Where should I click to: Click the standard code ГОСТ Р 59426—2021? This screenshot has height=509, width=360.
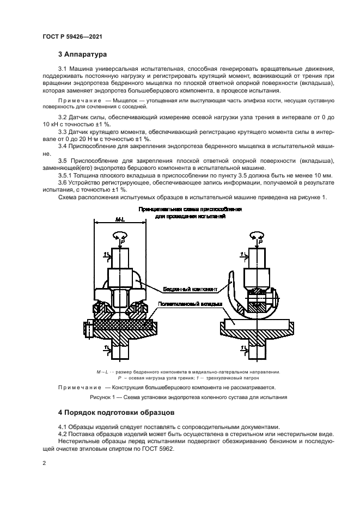(72, 36)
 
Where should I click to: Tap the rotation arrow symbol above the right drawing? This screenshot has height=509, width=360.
(256, 235)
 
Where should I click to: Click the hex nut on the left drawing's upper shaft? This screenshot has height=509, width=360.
(120, 279)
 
